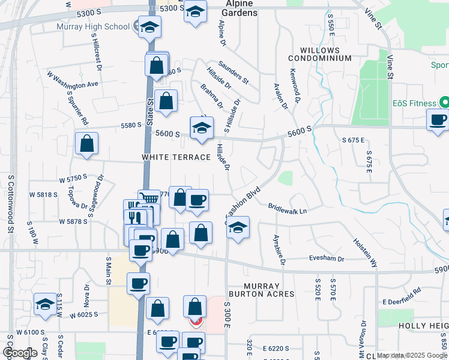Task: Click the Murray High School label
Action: tap(93, 26)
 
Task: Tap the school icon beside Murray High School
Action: tap(149, 26)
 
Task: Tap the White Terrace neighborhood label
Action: tap(176, 157)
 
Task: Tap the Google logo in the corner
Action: tap(19, 352)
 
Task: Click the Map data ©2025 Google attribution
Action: tap(412, 355)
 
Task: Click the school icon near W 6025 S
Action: tap(45, 304)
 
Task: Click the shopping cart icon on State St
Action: tap(149, 199)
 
